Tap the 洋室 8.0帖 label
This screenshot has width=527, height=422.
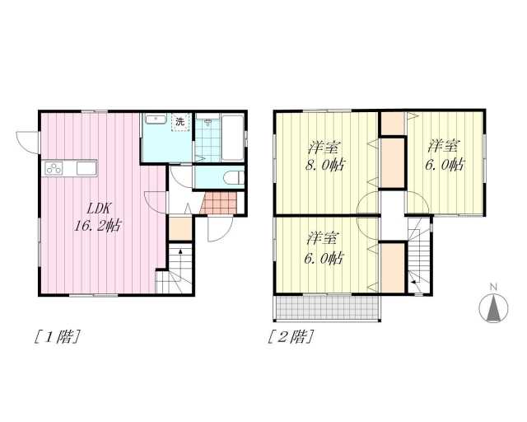pyautogui.click(x=324, y=156)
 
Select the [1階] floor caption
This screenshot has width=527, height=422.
pyautogui.click(x=58, y=336)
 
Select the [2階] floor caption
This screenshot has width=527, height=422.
pyautogui.click(x=291, y=336)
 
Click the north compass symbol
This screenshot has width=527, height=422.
pyautogui.click(x=493, y=307)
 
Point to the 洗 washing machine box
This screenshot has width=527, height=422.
pyautogui.click(x=181, y=122)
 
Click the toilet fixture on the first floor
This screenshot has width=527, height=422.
pyautogui.click(x=234, y=177)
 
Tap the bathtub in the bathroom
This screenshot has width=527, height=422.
pyautogui.click(x=233, y=138)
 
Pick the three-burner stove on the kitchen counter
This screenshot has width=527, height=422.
pyautogui.click(x=54, y=168)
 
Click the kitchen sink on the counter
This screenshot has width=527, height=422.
pyautogui.click(x=86, y=168)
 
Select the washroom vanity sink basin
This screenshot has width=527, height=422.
pyautogui.click(x=156, y=120)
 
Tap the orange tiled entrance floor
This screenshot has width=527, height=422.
pyautogui.click(x=218, y=203)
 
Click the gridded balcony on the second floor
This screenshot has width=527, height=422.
pyautogui.click(x=327, y=307)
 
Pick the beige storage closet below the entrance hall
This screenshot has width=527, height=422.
pyautogui.click(x=180, y=229)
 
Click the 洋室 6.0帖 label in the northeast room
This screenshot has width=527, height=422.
pyautogui.click(x=445, y=155)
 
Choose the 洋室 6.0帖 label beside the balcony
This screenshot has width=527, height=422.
pyautogui.click(x=324, y=248)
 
